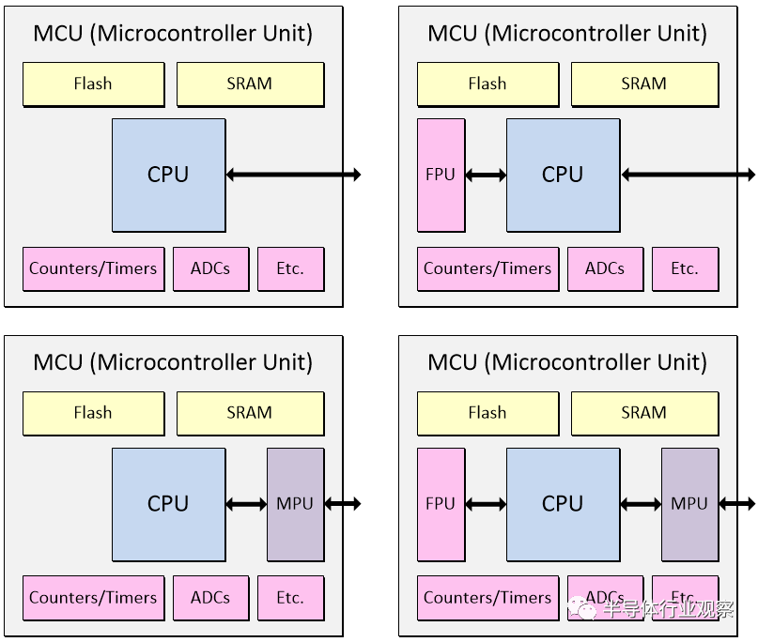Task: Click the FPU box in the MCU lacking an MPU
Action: [x=441, y=175]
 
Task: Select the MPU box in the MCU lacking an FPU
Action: [x=295, y=504]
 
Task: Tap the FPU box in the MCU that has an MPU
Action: [x=441, y=504]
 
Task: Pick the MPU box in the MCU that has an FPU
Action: [x=689, y=504]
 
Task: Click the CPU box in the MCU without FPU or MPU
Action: [x=168, y=175]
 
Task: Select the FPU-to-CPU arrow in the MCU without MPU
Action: [x=486, y=175]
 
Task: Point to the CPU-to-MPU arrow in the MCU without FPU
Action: [x=246, y=504]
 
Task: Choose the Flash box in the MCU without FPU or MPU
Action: [x=93, y=84]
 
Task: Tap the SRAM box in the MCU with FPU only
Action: [x=643, y=84]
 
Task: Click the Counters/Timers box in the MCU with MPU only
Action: [x=93, y=598]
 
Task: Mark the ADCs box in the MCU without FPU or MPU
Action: [x=210, y=268]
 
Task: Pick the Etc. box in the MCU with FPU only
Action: [x=685, y=268]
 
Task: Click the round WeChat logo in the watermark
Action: [x=587, y=609]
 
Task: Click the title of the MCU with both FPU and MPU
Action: [x=567, y=362]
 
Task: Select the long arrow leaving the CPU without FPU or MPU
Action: [x=293, y=175]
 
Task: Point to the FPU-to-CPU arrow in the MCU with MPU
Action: [x=486, y=504]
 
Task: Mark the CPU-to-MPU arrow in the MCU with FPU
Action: [x=641, y=504]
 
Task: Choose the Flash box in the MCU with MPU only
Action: [x=93, y=413]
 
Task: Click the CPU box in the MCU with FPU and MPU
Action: [x=563, y=504]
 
